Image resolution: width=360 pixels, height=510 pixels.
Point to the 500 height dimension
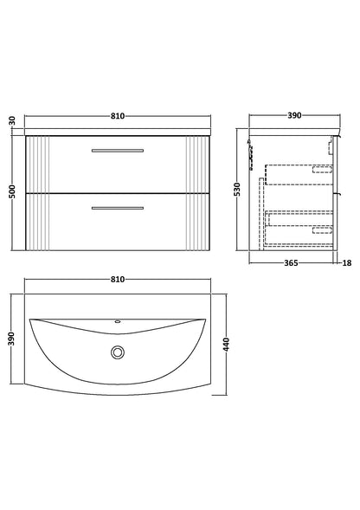[11, 194]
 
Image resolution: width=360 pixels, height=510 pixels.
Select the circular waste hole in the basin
[117, 353]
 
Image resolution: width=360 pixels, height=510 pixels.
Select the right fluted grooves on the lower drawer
[198, 221]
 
